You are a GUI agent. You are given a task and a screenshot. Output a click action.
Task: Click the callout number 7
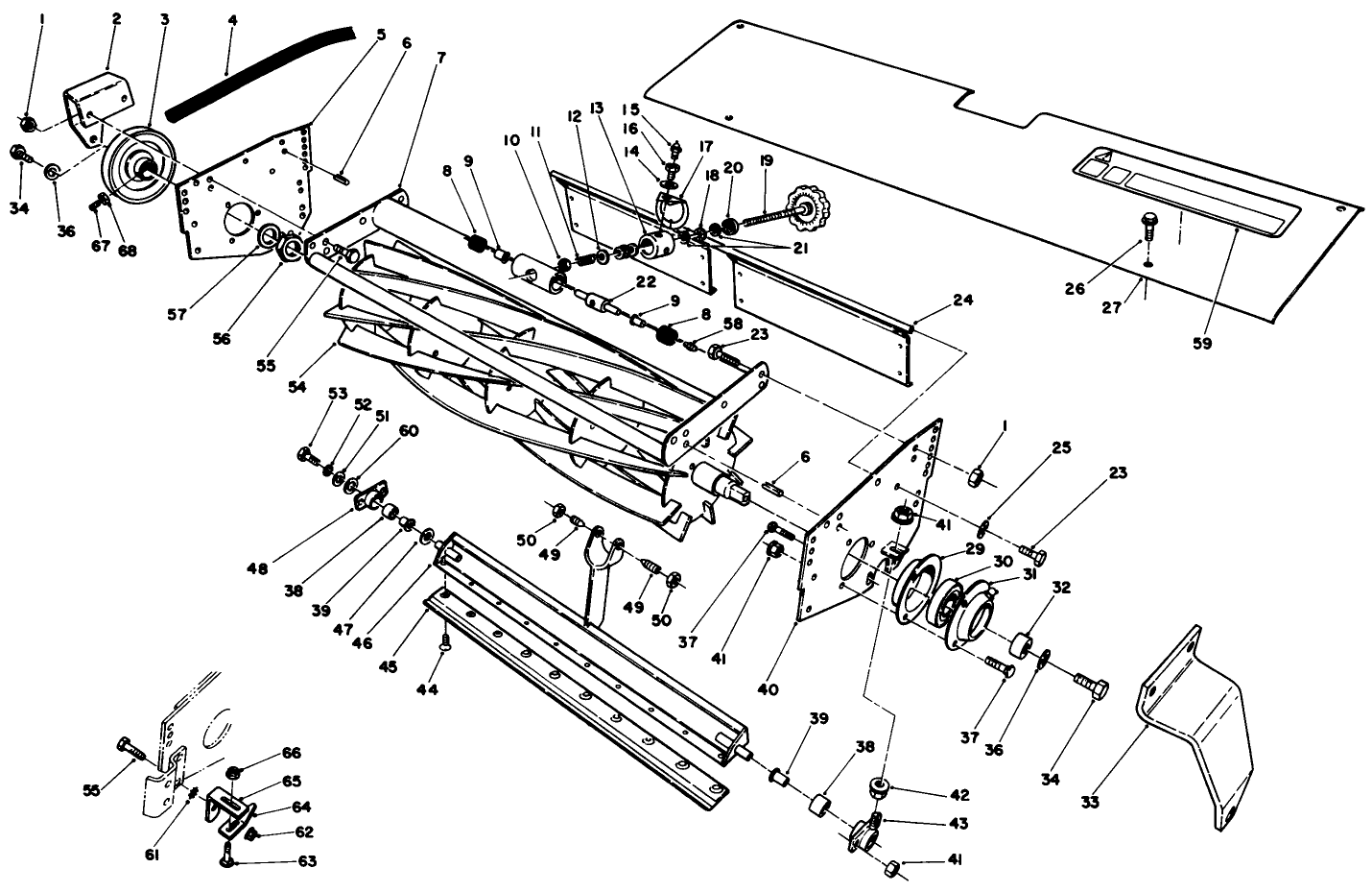pyautogui.click(x=439, y=57)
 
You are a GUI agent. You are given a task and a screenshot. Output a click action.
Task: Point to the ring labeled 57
pyautogui.click(x=267, y=236)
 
